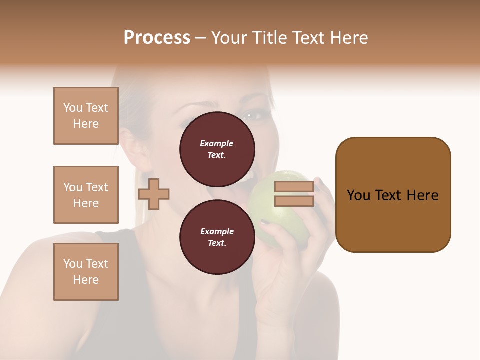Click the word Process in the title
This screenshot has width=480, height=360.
(157, 38)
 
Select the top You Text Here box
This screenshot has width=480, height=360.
(86, 116)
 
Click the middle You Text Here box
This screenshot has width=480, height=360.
(86, 195)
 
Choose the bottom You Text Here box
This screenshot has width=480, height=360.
(86, 272)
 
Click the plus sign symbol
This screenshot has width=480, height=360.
(154, 194)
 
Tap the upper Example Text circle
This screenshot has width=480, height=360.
(217, 149)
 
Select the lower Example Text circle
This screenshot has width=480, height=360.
(217, 237)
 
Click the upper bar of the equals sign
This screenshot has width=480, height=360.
(294, 187)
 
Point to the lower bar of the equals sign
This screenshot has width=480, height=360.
(294, 201)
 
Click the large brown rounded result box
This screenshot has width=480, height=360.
(393, 195)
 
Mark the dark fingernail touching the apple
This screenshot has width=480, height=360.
(265, 222)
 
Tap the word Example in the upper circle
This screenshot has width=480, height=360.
(217, 143)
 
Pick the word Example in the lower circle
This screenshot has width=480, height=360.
(217, 231)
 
